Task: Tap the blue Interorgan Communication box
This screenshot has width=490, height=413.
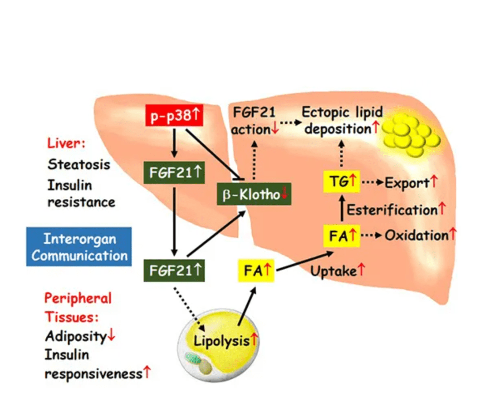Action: tap(79, 247)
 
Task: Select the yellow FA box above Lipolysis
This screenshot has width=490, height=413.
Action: tap(256, 271)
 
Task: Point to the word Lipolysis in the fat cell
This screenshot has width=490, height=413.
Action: tap(221, 340)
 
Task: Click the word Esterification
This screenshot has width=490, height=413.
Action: tap(392, 210)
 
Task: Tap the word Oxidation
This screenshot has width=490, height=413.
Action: tap(416, 235)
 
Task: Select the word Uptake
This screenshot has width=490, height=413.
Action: tap(333, 271)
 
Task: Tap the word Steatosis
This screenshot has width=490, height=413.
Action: tap(79, 164)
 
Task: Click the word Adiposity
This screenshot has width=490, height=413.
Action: tap(76, 336)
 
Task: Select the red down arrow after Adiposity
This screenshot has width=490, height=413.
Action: tap(112, 336)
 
